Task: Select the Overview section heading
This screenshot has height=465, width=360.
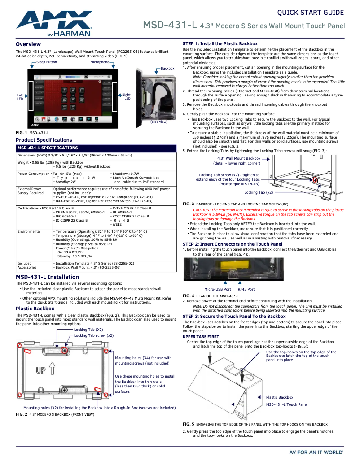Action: point(28,44)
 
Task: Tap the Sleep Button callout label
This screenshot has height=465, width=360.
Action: point(46,62)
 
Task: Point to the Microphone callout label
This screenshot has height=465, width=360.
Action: point(100,62)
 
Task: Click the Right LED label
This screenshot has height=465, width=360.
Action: point(126,96)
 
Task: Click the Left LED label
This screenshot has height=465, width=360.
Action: point(20,97)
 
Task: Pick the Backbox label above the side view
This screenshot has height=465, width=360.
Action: point(167,68)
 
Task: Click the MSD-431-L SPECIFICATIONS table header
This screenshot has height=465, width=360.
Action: point(48,148)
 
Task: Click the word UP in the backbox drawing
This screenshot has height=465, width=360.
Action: point(41,370)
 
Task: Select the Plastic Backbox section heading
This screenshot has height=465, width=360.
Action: point(35,309)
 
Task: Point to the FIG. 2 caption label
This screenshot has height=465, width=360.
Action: point(21,415)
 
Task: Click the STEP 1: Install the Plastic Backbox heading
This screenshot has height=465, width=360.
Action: point(220,43)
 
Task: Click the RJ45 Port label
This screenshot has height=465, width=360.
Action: point(246,289)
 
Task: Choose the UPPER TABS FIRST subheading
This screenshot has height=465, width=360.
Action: point(201,336)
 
